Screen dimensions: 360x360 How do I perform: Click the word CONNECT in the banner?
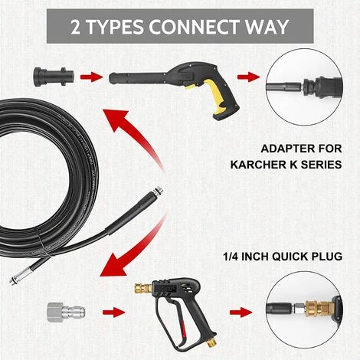[194, 27]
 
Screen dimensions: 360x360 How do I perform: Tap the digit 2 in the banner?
[75, 27]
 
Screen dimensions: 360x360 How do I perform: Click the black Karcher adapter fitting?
[54, 76]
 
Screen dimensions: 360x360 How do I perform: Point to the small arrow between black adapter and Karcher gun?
[91, 77]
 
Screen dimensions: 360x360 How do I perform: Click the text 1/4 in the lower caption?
[231, 257]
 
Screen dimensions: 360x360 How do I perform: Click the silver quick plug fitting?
[66, 312]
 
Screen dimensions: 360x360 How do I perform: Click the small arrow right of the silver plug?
[113, 313]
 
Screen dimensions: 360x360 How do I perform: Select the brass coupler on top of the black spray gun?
[143, 288]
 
